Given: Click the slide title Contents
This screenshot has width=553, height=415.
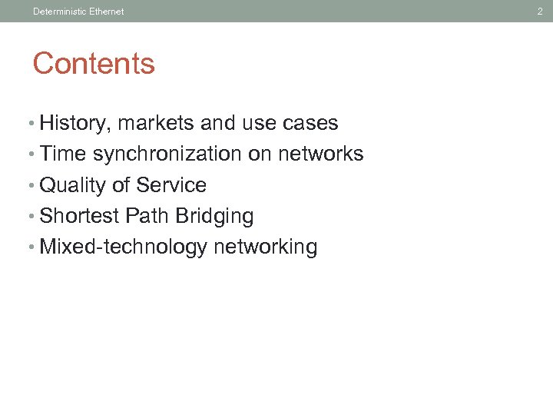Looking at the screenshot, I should click(x=94, y=64).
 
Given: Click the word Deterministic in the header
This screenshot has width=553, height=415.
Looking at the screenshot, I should click(x=58, y=12).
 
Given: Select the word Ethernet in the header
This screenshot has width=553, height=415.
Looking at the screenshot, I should click(x=105, y=12).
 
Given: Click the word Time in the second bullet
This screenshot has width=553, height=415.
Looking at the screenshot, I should click(x=63, y=154).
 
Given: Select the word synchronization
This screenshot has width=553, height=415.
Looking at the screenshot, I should click(x=167, y=154).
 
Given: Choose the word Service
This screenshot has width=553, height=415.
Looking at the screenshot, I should click(x=171, y=186).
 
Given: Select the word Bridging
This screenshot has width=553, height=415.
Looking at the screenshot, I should click(x=214, y=217).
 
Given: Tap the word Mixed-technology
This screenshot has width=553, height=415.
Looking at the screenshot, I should click(x=123, y=247).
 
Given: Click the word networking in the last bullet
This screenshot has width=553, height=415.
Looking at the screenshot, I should click(x=266, y=247).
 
